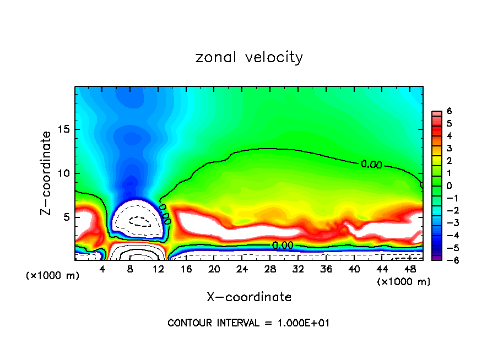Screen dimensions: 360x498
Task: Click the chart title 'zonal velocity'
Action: [x=249, y=57]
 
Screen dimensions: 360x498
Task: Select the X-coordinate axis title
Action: [x=249, y=297]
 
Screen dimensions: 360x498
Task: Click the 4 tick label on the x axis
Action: [x=102, y=269]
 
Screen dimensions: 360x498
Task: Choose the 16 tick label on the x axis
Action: [x=186, y=269]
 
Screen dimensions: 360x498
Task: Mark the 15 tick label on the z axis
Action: [x=64, y=130]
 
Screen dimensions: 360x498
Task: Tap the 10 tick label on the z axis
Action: [x=64, y=173]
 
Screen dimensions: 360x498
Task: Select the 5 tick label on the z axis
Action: [x=67, y=217]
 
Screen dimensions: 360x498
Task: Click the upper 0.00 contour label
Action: [x=371, y=164]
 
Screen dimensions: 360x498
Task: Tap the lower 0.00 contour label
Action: [x=283, y=246]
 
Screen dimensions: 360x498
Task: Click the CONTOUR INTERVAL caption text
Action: [x=248, y=323]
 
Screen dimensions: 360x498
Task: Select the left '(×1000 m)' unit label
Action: [x=53, y=276]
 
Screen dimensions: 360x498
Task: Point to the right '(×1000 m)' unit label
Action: [x=403, y=282]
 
